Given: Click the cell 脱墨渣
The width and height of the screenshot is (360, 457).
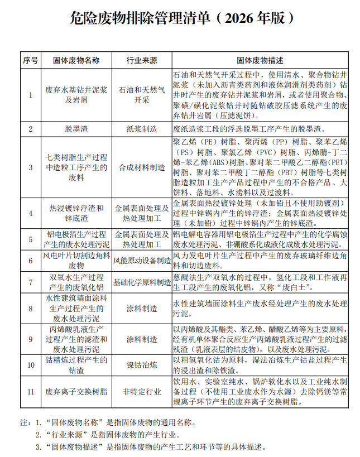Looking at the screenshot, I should (76, 129).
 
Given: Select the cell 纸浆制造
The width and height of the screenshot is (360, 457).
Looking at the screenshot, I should (142, 129).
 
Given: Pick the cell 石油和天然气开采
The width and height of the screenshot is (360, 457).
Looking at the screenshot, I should (142, 95).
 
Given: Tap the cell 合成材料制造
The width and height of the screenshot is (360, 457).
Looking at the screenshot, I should (142, 167).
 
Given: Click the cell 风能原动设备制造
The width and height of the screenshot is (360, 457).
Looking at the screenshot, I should (142, 260).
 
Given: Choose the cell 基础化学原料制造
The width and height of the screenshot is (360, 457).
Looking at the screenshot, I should (142, 282).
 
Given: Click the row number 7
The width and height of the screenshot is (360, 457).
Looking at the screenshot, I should (31, 282).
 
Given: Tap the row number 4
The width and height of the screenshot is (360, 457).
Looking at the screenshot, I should (31, 213).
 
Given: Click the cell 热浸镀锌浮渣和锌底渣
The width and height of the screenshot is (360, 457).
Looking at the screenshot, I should (76, 213).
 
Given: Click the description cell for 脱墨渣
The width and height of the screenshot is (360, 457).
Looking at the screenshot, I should (260, 129).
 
